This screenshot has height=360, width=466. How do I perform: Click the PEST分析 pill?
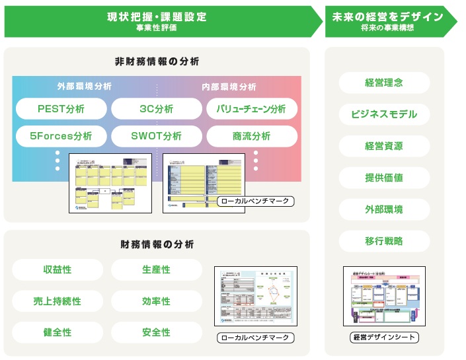click(61, 108)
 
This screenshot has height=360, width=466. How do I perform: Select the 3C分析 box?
click(157, 108)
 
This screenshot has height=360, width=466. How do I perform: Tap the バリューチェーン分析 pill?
click(252, 108)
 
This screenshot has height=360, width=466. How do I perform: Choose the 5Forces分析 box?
click(61, 136)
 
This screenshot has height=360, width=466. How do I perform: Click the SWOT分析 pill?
click(157, 136)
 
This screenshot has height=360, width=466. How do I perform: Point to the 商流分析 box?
click(252, 136)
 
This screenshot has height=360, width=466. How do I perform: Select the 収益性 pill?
click(58, 270)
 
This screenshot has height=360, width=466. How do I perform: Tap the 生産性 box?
click(156, 270)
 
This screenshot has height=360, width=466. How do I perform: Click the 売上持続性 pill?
click(58, 301)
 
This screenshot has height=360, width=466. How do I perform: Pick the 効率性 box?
click(156, 301)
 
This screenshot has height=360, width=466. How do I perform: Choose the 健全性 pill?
click(58, 332)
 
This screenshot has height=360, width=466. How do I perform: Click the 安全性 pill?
click(156, 332)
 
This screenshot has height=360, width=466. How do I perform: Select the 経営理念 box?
click(384, 83)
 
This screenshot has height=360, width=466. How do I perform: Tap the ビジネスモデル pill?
click(384, 114)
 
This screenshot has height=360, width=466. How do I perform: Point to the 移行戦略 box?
click(384, 241)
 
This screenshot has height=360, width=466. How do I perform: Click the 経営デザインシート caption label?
click(384, 338)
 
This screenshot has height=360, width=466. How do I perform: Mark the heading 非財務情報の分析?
click(157, 61)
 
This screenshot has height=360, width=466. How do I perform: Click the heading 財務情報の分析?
click(157, 244)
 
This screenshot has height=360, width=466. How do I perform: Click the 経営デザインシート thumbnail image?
click(384, 296)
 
